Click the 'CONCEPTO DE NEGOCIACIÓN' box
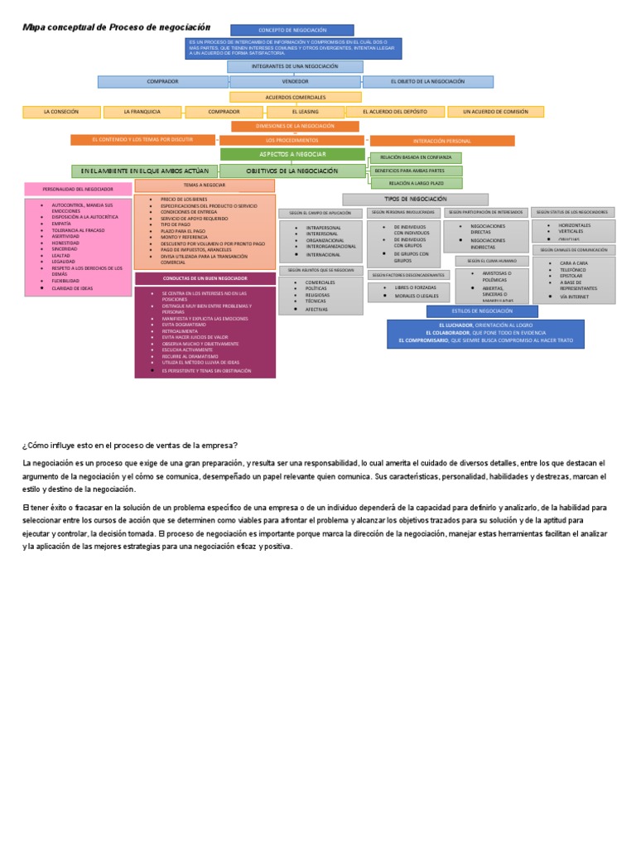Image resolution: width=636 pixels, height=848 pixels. pos(292,30)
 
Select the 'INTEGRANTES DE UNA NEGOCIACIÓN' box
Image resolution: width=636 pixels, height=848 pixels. pos(295,66)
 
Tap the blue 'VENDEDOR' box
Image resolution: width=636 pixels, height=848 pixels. pos(295,82)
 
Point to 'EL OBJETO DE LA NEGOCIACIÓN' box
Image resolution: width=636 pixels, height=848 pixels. pos(428,82)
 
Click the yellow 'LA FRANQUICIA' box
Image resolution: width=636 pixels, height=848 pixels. pos(142,112)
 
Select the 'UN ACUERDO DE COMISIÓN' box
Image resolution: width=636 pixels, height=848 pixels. pos(495,112)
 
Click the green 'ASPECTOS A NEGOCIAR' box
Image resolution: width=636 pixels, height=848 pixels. pos(292,155)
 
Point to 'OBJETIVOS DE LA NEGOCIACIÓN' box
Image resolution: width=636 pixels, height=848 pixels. pos(292,171)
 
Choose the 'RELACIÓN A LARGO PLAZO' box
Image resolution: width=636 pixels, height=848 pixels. pos(416,183)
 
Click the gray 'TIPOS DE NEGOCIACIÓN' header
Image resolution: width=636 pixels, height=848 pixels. pos(415,200)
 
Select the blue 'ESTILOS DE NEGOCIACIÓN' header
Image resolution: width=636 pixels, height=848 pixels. pos(482,311)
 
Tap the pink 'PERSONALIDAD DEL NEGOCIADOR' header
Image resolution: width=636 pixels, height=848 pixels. pos(78,190)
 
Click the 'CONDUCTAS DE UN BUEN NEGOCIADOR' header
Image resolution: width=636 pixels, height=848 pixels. pos(205,279)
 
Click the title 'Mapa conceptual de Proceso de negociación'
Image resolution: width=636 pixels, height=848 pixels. pos(117,27)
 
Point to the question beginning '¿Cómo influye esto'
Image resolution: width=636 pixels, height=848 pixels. pos(130,446)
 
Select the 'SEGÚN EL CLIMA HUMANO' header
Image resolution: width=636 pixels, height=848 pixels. pos(492,261)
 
